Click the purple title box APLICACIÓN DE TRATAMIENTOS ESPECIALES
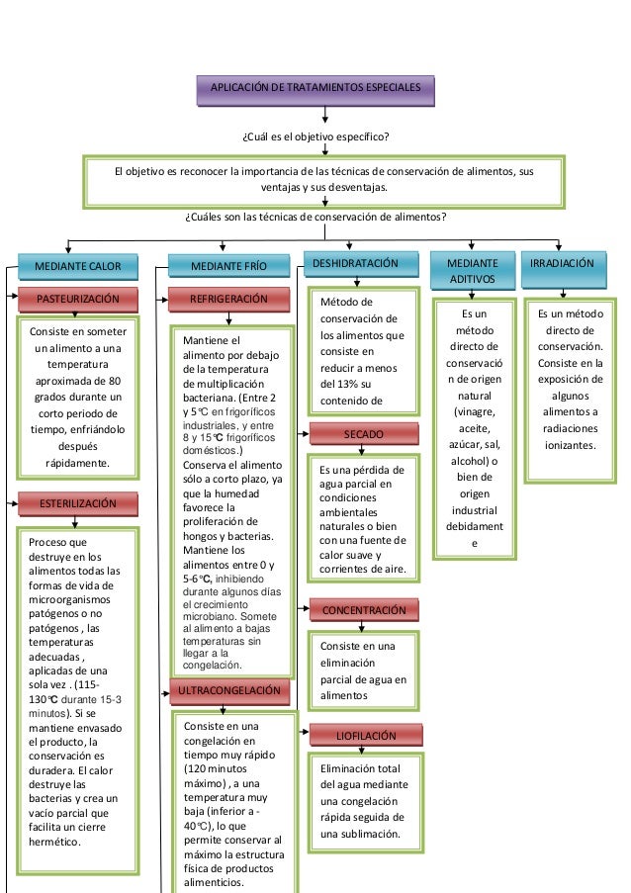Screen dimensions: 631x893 pos(315,90)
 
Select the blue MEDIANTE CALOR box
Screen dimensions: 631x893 pos(78,267)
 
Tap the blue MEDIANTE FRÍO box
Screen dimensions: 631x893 pos(228,266)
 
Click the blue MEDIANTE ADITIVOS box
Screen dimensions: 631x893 pos(472,271)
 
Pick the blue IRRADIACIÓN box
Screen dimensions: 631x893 pos(564,269)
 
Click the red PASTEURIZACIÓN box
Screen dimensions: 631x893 pos(78,300)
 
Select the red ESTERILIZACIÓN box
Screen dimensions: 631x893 pos(78,504)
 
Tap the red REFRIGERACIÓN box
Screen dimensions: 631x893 pos(228,300)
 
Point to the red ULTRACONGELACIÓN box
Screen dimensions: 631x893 pos(229,691)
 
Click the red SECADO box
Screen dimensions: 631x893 pos(364,434)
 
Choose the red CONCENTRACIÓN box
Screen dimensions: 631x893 pos(364,610)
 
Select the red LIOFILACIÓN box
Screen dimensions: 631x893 pos(366,735)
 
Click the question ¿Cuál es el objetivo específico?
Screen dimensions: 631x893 pos(315,136)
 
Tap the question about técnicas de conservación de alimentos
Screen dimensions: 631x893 pos(315,217)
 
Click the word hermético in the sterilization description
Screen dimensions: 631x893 pos(53,842)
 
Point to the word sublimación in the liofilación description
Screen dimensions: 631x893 pos(373,834)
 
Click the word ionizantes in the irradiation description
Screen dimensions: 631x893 pos(570,445)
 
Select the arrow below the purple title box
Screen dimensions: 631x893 pos(324,115)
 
